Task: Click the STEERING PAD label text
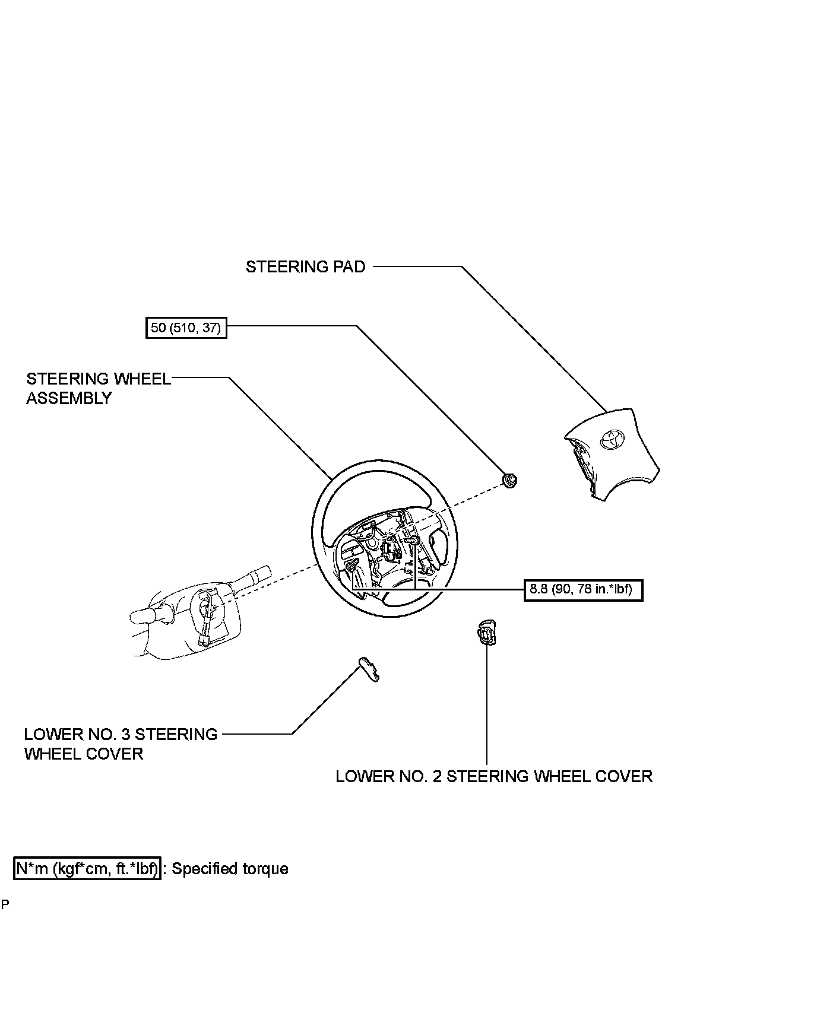305,267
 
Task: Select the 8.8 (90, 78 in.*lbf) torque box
583,590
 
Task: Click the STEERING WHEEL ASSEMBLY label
99,388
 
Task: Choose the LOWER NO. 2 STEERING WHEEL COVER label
493,776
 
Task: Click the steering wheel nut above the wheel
509,479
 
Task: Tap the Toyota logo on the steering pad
610,438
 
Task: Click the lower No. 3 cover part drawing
369,669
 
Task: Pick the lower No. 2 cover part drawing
487,632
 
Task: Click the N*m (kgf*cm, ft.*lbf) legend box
87,869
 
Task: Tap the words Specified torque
230,869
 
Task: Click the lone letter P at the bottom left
5,904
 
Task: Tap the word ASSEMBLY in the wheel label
69,398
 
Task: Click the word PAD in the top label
351,267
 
